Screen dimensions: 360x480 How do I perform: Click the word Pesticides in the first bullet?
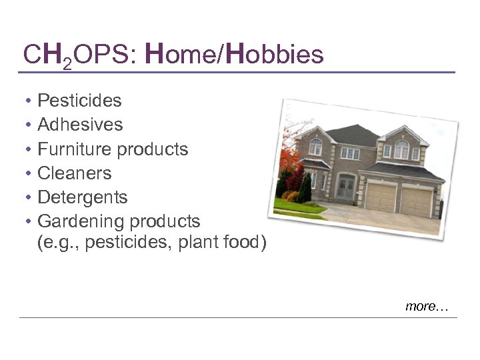point(79,101)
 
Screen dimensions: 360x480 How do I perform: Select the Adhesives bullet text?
point(80,125)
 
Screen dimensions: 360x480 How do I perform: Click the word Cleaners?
point(75,173)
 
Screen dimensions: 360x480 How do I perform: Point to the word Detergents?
point(82,197)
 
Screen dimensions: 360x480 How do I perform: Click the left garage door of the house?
point(381,197)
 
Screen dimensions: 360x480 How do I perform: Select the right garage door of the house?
point(417,199)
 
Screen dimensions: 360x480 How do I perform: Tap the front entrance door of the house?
point(346,187)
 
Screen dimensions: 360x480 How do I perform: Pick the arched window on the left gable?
point(315,145)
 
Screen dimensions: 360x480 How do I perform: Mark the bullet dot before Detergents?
point(29,198)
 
